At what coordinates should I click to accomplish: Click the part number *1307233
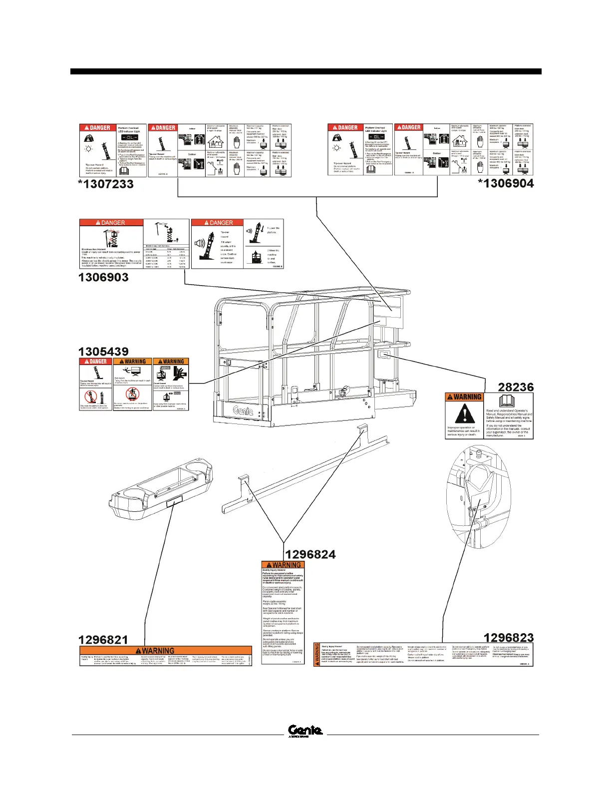106,184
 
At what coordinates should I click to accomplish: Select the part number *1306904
506,183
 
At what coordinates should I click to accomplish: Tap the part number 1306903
103,277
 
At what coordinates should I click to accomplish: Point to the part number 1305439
103,352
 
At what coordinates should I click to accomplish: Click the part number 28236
516,387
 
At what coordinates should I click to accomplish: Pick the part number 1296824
310,554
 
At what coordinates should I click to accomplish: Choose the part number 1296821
103,640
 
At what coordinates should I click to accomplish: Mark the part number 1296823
509,638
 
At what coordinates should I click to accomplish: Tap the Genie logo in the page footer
305,731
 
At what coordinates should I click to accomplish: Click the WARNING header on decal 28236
464,397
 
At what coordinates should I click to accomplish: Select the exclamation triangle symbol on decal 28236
465,413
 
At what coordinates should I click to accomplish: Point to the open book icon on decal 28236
508,401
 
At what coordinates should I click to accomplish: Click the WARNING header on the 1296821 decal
158,650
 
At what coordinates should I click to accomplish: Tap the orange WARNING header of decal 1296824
283,565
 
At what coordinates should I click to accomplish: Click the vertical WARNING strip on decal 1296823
316,654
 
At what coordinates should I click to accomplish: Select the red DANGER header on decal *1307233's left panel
97,128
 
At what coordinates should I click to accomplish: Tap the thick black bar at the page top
305,71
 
